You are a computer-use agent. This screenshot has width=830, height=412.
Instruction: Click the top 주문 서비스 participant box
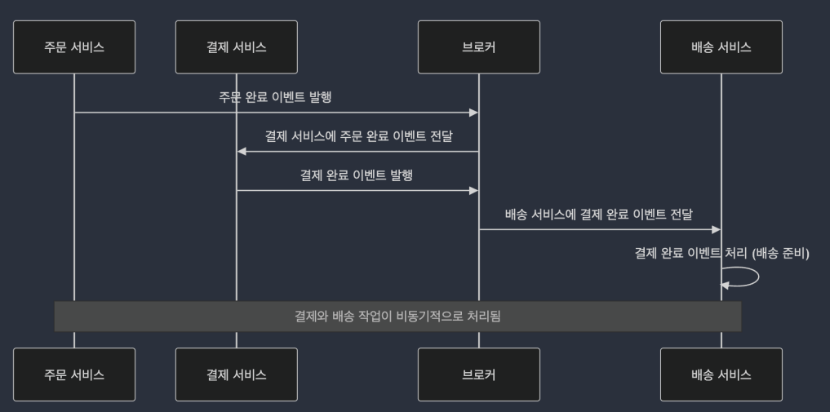[74, 47]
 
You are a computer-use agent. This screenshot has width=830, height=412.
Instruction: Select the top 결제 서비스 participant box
[237, 47]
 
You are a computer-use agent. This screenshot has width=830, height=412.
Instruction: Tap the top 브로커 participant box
[479, 47]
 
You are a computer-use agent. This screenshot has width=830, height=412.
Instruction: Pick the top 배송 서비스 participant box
[721, 47]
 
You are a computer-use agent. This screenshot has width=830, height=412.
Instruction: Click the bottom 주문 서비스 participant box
[74, 374]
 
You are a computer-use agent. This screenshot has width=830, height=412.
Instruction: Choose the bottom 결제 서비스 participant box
[237, 374]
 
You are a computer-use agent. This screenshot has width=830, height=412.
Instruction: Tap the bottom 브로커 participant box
[479, 374]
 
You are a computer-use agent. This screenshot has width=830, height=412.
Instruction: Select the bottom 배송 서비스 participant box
[721, 374]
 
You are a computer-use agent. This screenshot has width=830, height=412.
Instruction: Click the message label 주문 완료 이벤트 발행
[275, 97]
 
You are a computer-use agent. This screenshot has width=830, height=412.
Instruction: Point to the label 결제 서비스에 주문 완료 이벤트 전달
[358, 136]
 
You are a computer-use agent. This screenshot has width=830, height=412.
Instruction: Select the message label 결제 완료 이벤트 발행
[357, 175]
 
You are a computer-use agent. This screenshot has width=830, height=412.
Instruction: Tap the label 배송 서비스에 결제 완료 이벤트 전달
[599, 215]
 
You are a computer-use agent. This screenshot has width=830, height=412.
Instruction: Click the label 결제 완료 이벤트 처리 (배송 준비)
[722, 254]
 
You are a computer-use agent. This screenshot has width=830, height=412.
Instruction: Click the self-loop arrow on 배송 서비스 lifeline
[758, 277]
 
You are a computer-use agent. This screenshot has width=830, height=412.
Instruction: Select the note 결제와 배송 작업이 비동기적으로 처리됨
[397, 317]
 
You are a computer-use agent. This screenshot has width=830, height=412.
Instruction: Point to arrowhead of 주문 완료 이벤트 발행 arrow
[473, 113]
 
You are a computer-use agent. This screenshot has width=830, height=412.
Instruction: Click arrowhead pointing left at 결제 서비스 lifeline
[242, 151]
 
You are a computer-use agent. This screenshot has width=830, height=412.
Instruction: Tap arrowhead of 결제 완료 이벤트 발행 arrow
[473, 190]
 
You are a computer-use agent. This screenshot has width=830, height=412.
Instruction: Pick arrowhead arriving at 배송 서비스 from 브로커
[717, 229]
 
